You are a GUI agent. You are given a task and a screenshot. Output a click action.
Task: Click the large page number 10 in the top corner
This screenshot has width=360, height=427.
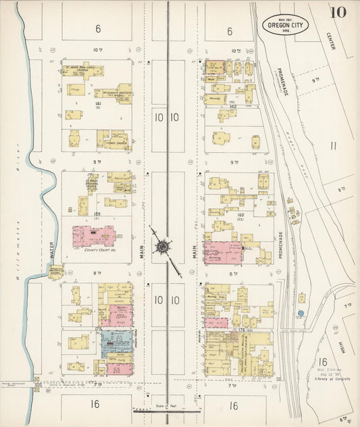(339, 12)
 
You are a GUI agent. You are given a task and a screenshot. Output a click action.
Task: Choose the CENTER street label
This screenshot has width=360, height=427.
(330, 44)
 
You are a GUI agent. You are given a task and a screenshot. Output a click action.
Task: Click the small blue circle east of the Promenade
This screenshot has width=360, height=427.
(300, 313)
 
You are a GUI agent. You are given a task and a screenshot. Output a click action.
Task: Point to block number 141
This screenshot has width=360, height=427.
(98, 103)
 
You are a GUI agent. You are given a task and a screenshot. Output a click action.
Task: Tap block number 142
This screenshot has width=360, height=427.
(232, 106)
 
